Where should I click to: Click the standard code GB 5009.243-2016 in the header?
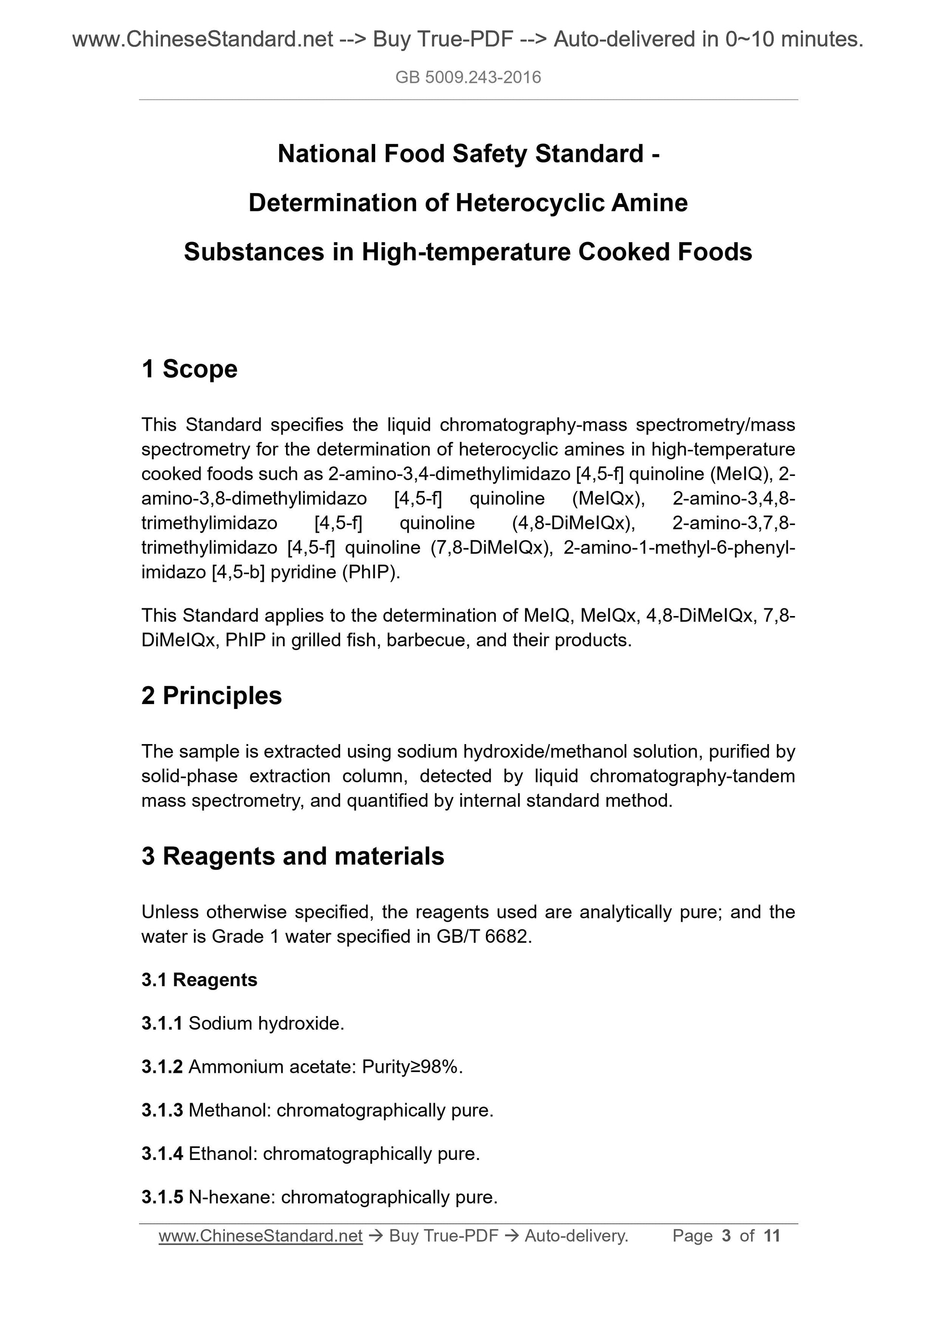coord(468,77)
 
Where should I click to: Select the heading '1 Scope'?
coord(189,369)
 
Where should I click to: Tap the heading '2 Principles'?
coord(211,695)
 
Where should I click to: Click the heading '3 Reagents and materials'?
coord(293,856)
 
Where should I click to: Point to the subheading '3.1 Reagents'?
coord(199,980)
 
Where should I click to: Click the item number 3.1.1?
coord(162,1023)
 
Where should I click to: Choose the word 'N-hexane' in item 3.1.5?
coord(232,1197)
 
